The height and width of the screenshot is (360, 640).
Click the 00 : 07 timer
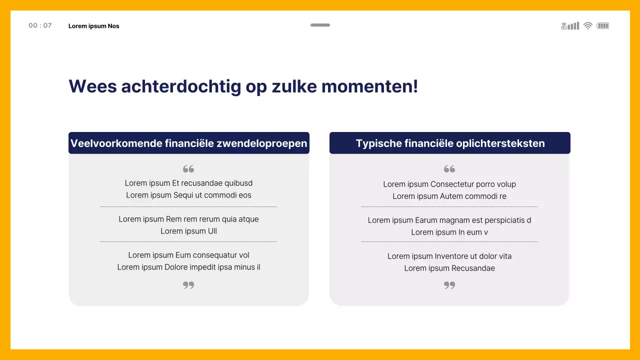[40, 25]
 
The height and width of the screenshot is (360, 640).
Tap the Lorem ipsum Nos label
[94, 26]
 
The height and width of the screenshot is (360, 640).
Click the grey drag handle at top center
[320, 25]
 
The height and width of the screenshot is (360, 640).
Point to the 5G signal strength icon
[570, 26]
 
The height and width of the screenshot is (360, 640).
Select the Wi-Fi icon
[588, 26]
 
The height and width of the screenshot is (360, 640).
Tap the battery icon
[603, 26]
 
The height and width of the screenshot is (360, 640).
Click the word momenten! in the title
[369, 86]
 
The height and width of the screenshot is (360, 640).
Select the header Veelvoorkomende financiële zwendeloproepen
[189, 143]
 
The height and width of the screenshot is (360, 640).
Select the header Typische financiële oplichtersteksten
[450, 143]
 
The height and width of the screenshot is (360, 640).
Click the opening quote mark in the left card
[188, 169]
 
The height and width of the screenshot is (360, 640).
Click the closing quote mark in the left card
[188, 285]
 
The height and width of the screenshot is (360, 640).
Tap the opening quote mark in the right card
[449, 169]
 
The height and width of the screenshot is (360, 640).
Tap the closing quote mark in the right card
[449, 285]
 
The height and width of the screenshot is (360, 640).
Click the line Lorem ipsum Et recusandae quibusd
[188, 183]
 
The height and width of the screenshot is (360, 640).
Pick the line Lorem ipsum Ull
[188, 231]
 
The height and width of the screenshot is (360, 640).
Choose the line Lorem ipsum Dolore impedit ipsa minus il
[188, 267]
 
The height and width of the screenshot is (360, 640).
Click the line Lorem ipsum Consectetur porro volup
[449, 184]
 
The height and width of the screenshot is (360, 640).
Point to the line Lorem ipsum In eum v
[449, 232]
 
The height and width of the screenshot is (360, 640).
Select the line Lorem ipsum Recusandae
[449, 268]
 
